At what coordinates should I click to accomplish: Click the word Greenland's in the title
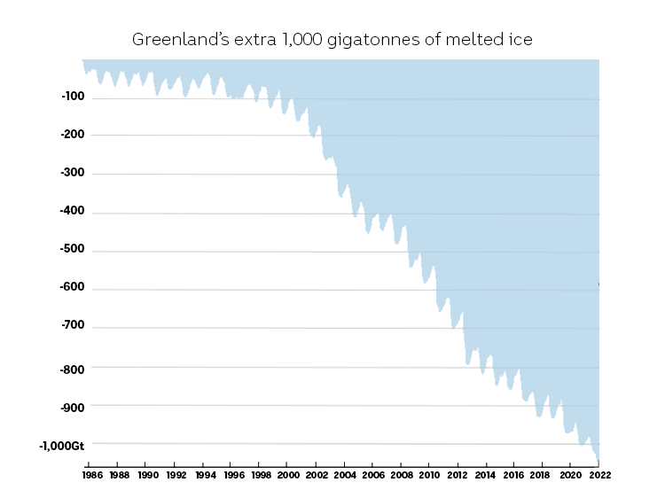(174, 40)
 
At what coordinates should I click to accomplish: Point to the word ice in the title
(520, 40)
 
